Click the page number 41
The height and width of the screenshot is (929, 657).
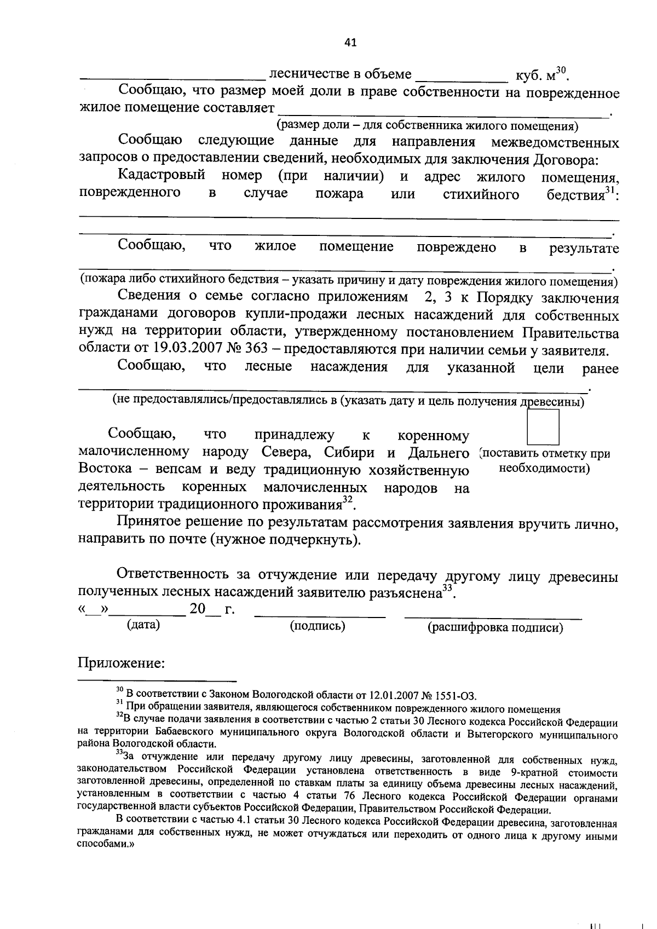[351, 42]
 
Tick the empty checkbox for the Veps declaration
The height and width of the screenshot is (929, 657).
[542, 427]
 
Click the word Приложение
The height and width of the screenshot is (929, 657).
[122, 663]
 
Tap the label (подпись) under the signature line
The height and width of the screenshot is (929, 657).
[318, 626]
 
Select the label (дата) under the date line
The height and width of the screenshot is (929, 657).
[143, 625]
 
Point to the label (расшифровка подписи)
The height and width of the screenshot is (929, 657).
[495, 627]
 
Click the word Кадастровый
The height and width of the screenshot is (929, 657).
[162, 176]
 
